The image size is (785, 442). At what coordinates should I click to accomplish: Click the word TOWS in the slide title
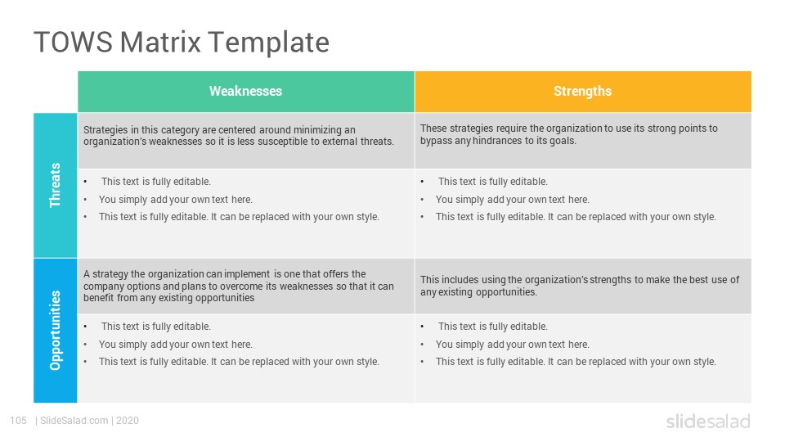pos(73,42)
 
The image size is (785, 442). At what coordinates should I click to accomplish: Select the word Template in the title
pos(268,43)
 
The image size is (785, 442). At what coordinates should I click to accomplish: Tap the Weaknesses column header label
pos(246,91)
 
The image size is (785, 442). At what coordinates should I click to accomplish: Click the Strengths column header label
pos(582,91)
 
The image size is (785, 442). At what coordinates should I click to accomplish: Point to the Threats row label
pos(55,185)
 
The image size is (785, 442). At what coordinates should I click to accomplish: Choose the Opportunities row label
pos(55,330)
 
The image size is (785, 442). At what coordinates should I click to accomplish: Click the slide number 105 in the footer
pos(19,421)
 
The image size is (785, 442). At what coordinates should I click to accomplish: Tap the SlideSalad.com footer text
pos(74,421)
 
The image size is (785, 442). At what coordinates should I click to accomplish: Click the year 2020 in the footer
pos(128,421)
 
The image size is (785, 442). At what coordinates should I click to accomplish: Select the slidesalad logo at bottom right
pos(708,421)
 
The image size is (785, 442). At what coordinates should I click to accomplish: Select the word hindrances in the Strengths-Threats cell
pos(498,141)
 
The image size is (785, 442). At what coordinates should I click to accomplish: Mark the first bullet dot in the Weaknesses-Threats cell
pos(86,182)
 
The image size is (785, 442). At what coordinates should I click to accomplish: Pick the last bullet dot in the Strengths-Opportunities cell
pos(423,362)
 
